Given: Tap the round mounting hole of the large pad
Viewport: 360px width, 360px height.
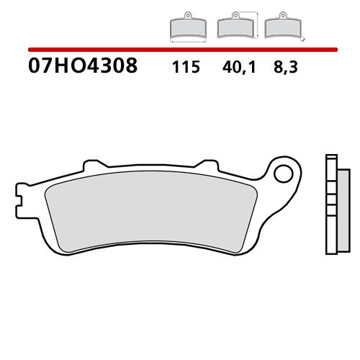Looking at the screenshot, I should [x=287, y=174].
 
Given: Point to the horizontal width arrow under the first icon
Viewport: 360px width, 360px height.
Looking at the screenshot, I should [x=186, y=40].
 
